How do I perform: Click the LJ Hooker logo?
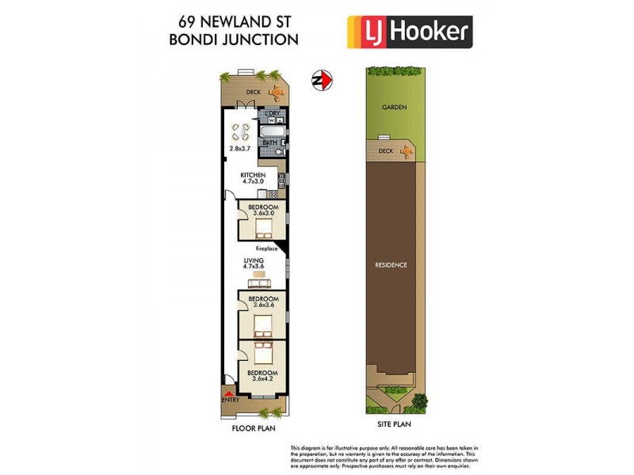(410, 32)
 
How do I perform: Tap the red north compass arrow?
(323, 80)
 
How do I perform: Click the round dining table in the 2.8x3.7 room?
(240, 132)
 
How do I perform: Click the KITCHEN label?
(253, 175)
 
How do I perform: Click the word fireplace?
(266, 249)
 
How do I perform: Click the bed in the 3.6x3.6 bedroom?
(262, 325)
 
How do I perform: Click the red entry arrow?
(229, 393)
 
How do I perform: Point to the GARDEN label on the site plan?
(393, 107)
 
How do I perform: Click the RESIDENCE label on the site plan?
(391, 264)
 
